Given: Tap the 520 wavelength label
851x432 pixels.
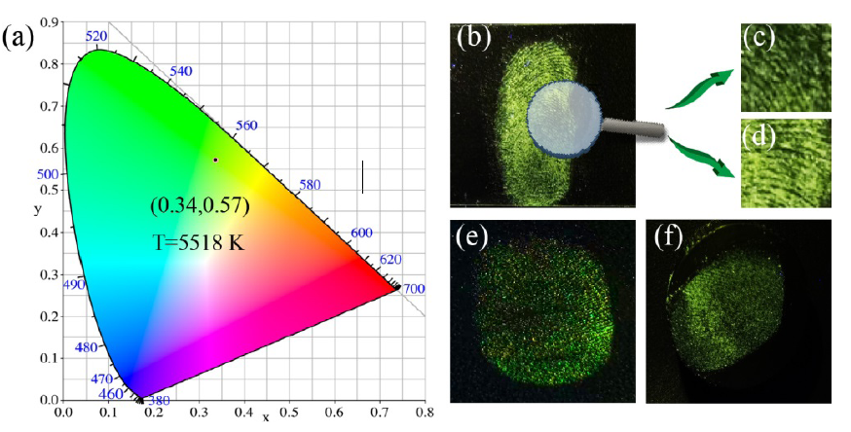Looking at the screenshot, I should pyautogui.click(x=96, y=36).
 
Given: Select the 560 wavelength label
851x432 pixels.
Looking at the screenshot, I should pyautogui.click(x=246, y=126).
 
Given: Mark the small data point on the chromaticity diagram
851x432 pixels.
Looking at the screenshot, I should pyautogui.click(x=216, y=160).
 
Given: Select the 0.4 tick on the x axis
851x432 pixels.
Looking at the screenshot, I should pyautogui.click(x=243, y=413).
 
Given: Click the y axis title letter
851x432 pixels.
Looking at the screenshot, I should pyautogui.click(x=37, y=208).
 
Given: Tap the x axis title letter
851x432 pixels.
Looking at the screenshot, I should pyautogui.click(x=266, y=417).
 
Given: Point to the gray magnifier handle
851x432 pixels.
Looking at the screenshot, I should pyautogui.click(x=633, y=126).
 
